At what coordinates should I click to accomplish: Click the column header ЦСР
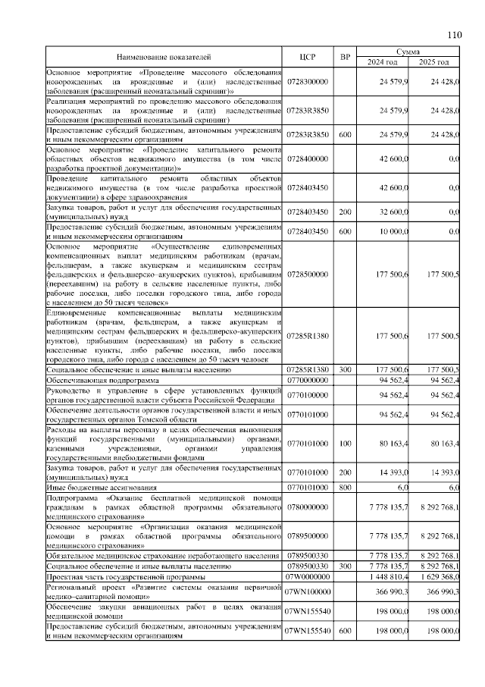(x=307, y=57)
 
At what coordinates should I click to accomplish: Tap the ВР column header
(x=345, y=57)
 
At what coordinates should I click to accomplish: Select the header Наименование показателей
(x=164, y=57)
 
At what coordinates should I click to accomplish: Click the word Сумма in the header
(x=409, y=52)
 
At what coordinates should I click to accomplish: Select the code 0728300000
(x=307, y=81)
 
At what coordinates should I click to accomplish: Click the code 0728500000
(x=307, y=274)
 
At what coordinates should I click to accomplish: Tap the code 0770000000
(x=307, y=381)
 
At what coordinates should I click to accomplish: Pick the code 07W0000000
(x=307, y=577)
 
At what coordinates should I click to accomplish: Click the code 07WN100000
(x=307, y=592)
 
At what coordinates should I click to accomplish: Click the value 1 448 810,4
(x=388, y=577)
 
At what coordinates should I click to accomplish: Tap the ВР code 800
(x=345, y=488)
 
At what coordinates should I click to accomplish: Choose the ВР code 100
(x=345, y=444)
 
